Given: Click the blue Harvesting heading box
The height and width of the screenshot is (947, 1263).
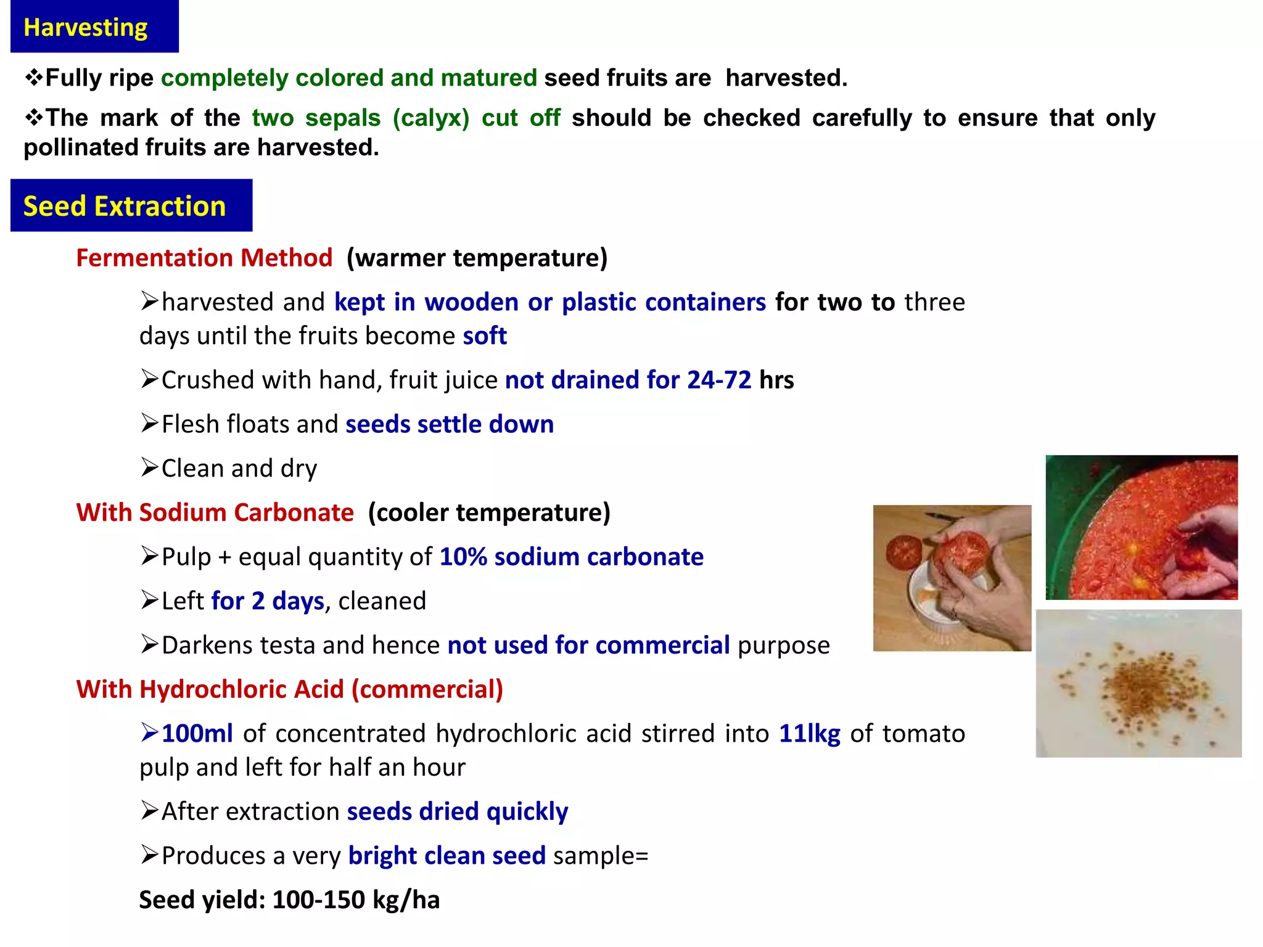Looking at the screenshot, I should coord(94,27).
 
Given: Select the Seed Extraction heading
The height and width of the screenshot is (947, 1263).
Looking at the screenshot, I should coord(131,206).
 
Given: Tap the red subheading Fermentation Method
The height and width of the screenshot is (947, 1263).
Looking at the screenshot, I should coord(204,258).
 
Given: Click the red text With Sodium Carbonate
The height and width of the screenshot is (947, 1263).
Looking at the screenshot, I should coord(215,512).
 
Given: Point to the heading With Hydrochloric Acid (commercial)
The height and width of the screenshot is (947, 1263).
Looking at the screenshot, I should coord(289,689).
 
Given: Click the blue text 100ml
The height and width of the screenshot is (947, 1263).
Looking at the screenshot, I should coord(197,734).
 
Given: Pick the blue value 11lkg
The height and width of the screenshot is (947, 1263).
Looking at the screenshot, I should coord(809,734).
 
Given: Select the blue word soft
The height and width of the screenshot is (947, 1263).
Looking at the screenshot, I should coord(485,336).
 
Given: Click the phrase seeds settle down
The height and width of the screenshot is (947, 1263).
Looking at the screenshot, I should coord(450,424).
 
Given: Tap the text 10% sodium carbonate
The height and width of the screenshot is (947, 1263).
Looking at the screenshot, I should coord(571,557).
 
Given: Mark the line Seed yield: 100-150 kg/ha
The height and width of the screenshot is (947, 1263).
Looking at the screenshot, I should coord(289,900).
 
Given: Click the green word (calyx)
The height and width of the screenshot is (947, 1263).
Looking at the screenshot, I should coord(431,118).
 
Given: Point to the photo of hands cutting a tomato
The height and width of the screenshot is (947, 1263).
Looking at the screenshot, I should coord(952,578).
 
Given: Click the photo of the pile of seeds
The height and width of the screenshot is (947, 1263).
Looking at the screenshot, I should coord(1138,683).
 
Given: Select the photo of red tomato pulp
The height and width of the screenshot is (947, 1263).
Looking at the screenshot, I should coord(1142,527).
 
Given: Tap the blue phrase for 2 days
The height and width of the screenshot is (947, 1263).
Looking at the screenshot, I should coord(268,601).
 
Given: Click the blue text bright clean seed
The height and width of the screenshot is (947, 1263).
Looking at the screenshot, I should coord(446,856).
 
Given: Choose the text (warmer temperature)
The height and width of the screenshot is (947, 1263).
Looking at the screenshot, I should coord(477,258).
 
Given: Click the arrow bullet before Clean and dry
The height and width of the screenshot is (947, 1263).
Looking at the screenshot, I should coord(149,468).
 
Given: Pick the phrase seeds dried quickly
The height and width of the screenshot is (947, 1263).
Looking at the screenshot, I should coord(457,812).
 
